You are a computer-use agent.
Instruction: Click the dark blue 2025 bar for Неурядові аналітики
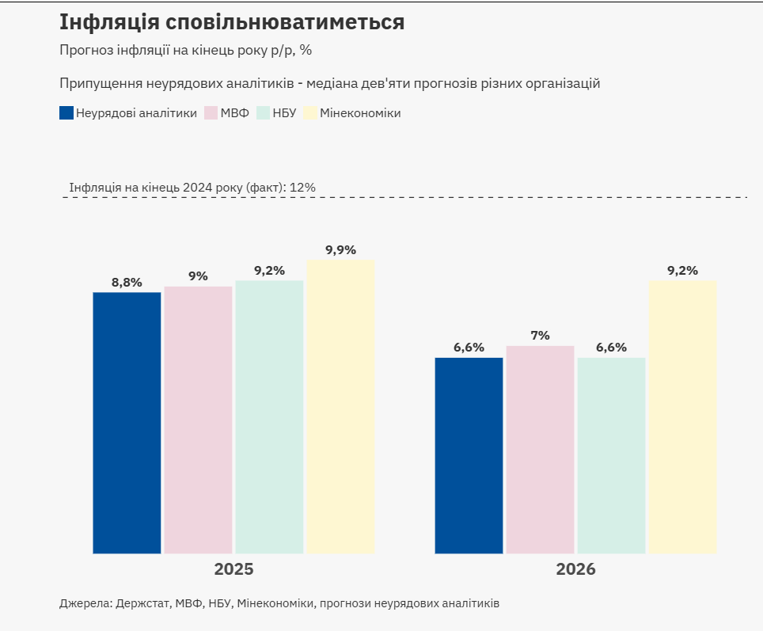click(127, 423)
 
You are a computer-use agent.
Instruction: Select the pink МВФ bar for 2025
click(198, 420)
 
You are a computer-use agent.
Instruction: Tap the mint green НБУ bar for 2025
click(269, 417)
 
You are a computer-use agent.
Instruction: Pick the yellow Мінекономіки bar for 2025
click(340, 407)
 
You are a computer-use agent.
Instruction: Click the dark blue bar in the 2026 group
click(469, 455)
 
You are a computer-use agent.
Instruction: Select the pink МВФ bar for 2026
click(540, 450)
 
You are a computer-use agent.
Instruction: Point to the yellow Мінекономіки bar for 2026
click(682, 417)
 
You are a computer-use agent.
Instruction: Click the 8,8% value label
click(127, 283)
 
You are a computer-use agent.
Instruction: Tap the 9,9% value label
click(340, 250)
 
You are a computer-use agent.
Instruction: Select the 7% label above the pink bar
click(540, 336)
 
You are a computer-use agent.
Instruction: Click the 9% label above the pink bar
click(198, 276)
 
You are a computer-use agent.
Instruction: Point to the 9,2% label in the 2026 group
click(682, 271)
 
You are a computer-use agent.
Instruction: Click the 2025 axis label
click(233, 569)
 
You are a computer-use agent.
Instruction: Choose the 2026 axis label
click(575, 569)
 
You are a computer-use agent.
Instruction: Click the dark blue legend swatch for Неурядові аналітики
click(66, 113)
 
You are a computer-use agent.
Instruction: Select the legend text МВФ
click(234, 113)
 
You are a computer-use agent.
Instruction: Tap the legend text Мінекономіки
click(360, 113)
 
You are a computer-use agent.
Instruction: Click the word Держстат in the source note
click(142, 603)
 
